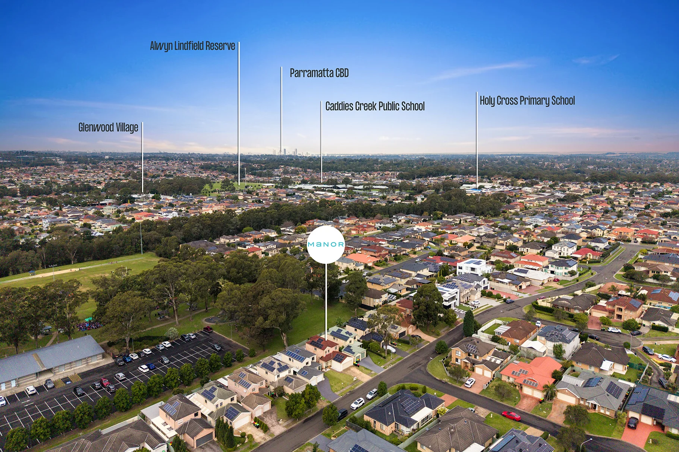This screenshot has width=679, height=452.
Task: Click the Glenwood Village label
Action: [108, 127]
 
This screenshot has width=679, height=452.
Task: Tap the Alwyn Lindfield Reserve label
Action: [192, 46]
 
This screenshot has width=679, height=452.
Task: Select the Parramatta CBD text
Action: [319, 73]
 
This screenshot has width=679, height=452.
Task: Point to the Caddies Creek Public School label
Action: [375, 106]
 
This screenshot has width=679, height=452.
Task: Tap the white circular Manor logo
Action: [326, 245]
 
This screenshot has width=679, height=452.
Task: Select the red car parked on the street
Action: [511, 416]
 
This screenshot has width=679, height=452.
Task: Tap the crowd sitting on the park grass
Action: [89, 326]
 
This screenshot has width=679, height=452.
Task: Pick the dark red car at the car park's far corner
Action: [208, 329]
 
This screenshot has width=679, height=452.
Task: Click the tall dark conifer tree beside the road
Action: [469, 323]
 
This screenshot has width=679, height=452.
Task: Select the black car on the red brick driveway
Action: [633, 422]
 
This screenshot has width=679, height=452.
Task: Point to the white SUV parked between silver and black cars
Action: [357, 403]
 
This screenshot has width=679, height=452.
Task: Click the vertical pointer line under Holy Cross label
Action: [477, 140]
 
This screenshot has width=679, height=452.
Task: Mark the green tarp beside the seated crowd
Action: [88, 319]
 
